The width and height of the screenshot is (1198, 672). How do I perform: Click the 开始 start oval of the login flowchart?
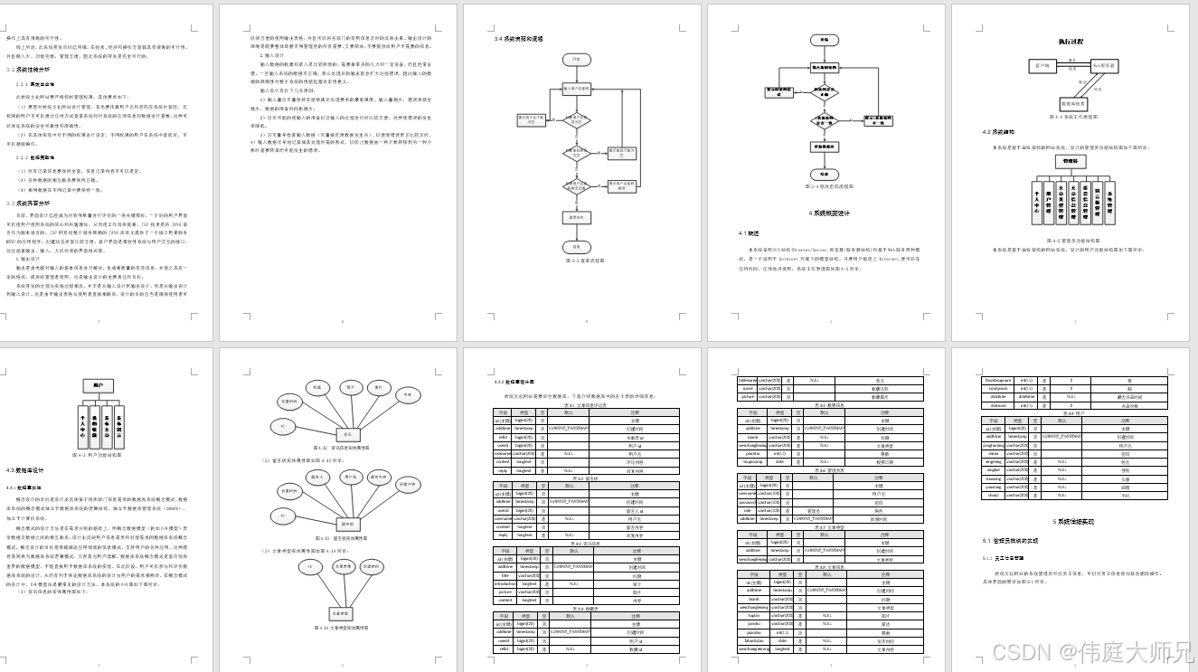click(575, 59)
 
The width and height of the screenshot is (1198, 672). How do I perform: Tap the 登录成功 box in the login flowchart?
click(575, 217)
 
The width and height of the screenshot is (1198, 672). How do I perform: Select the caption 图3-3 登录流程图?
click(575, 260)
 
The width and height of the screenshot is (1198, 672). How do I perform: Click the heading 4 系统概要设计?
click(828, 213)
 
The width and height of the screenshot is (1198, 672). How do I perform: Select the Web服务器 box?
click(1104, 65)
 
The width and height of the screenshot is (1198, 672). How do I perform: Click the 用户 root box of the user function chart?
click(97, 385)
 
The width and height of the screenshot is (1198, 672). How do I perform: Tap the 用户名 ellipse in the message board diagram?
click(349, 475)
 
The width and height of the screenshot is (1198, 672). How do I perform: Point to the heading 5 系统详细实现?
click(1073, 522)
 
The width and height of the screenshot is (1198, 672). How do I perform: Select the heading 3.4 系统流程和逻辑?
click(518, 39)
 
